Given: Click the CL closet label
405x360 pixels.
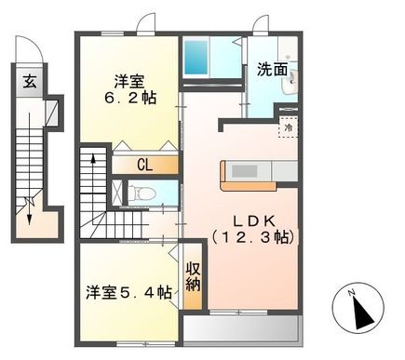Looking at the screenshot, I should tap(144, 165).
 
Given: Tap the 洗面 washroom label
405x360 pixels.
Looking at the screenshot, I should tap(272, 69).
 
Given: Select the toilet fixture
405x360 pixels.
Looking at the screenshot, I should tap(137, 193).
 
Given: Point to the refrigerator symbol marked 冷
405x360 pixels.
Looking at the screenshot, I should tap(286, 129).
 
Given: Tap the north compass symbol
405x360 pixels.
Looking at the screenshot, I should tap(358, 308).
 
